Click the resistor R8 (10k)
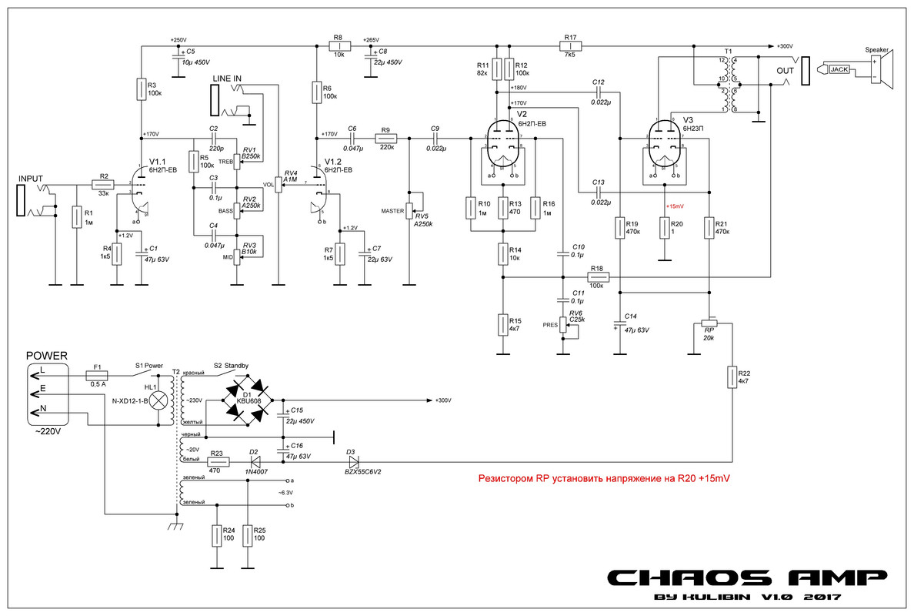point(339,46)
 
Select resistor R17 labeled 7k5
point(570,46)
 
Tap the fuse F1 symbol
point(97,375)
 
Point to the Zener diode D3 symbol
point(353,462)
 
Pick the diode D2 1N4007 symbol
point(254,462)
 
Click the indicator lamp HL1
point(159,400)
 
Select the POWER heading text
point(47,356)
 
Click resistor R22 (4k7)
point(732,377)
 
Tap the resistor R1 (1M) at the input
point(77,217)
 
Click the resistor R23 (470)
point(217,462)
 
